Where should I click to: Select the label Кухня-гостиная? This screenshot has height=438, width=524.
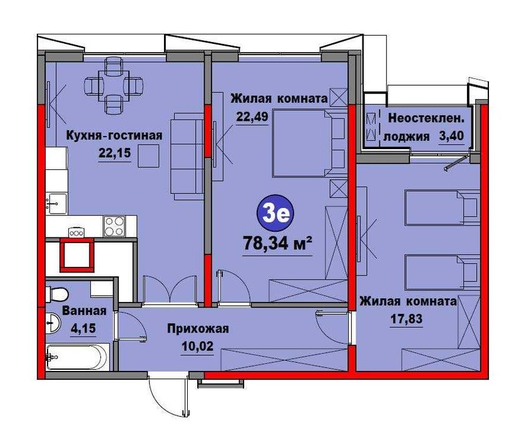coord(115,135)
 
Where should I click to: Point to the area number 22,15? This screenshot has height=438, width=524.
coord(115,153)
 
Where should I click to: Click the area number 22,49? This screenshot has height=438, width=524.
coord(252,116)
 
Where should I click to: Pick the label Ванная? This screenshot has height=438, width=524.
coord(85,311)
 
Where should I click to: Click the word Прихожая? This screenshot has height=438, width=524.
coord(198,328)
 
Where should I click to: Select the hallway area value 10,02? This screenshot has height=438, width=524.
coord(197,346)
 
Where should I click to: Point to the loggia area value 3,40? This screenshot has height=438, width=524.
coord(451,136)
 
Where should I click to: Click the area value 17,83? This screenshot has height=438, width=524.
coord(407,318)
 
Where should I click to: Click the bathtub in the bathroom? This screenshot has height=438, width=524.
coord(78,357)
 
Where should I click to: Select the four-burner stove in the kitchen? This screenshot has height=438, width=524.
coord(115,226)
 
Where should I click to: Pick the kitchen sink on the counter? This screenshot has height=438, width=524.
coord(56,204)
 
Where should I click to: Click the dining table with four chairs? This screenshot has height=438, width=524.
coord(113,86)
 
